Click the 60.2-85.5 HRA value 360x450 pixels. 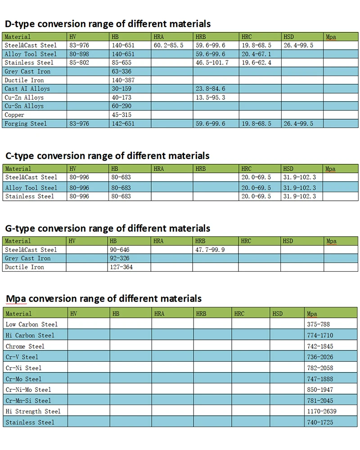168,45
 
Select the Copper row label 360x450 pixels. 14,115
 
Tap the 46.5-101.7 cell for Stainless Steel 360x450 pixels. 212,63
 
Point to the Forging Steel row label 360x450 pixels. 26,124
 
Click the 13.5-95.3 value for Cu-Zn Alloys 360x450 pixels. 211,98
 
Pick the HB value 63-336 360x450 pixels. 121,72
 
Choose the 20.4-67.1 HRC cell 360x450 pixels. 256,54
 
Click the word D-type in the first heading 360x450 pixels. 20,24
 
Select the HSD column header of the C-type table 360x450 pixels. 288,169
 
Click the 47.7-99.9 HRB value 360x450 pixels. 210,250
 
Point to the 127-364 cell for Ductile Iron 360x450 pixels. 121,267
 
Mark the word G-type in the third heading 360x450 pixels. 20,229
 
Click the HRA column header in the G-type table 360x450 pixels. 158,241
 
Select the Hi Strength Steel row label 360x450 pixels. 33,411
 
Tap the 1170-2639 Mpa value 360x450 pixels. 322,411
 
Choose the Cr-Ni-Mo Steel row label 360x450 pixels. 28,390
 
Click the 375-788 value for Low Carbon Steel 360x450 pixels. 318,324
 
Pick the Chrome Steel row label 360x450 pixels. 25,346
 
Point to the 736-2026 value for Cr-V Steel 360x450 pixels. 320,357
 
